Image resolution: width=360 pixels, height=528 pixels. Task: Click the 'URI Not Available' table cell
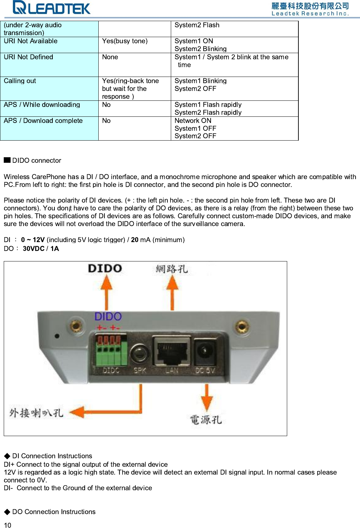coord(31,41)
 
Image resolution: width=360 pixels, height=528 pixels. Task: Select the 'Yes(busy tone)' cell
coord(125,41)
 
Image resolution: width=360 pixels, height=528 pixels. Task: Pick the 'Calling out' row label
coord(20,81)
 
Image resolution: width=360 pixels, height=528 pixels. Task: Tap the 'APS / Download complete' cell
coord(43,121)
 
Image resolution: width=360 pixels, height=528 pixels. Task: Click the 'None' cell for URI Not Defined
coord(110,57)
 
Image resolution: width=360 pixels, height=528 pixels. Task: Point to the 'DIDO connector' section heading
coord(36,160)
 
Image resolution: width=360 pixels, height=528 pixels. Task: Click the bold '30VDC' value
coord(33,249)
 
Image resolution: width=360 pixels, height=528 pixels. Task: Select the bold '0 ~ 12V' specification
coord(33,240)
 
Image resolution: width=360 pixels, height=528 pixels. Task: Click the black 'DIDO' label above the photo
coord(105,269)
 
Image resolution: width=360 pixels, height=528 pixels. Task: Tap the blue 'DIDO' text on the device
coord(108,317)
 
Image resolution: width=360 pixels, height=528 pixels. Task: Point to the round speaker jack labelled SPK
coord(139,353)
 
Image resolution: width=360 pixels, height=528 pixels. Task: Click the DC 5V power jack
coord(204,351)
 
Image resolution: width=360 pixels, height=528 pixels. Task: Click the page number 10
coord(7,525)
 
